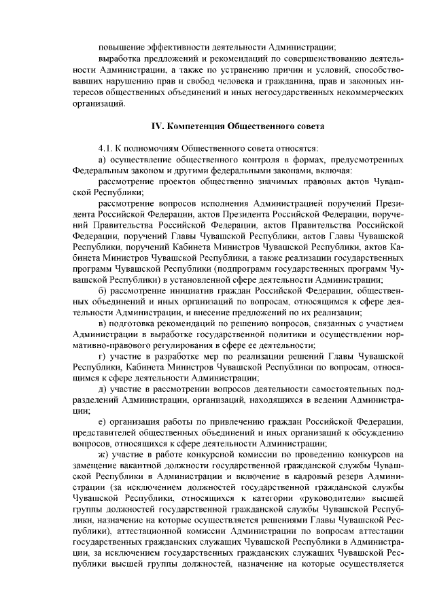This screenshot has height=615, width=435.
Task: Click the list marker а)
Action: click(x=103, y=159)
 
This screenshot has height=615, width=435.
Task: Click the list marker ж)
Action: click(x=103, y=454)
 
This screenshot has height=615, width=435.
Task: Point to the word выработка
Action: click(x=120, y=60)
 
